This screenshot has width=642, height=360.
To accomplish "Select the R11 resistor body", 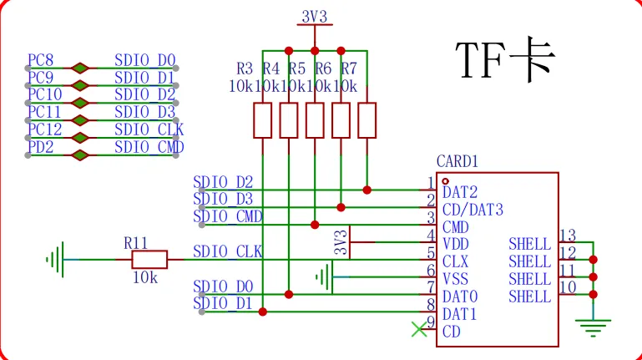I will pos(149,260).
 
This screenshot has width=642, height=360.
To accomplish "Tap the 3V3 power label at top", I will pos(314,17).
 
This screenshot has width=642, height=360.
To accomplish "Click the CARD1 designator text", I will pos(457,160).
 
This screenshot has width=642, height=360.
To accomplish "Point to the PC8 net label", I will pos(41,60).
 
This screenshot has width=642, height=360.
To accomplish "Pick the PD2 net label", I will pos(41,148).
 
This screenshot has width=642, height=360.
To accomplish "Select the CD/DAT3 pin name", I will pos(473,209).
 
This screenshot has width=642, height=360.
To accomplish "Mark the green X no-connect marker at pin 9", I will pos(419,330).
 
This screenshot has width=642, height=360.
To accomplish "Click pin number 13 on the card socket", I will pos(568,236).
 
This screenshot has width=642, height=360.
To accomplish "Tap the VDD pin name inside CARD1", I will pos(456,244).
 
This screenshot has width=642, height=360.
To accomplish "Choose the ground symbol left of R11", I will pos(55,260).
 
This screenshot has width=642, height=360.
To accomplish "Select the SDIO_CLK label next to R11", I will pos(227,251).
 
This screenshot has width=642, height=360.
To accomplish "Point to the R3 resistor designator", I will pos(245,68).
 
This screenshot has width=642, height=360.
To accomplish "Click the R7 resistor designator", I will pos(349,68).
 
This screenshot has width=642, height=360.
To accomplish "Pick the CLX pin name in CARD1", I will pos(456,261).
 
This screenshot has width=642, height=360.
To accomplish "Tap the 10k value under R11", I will pos(144,277).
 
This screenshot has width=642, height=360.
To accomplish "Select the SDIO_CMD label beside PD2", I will pos(149,148).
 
